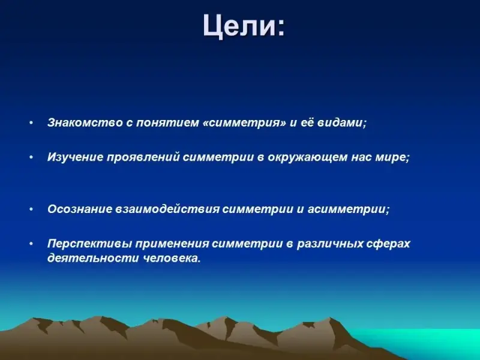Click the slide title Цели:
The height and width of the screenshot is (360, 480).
244,26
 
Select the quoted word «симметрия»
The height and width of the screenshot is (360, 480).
244,123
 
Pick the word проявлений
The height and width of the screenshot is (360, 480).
143,157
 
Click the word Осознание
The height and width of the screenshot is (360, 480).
80,209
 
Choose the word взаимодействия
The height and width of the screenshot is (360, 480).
167,209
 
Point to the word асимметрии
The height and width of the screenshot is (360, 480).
347,209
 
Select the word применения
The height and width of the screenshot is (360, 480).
172,244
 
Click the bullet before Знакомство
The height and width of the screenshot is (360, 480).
31,123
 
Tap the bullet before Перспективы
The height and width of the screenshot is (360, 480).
31,244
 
